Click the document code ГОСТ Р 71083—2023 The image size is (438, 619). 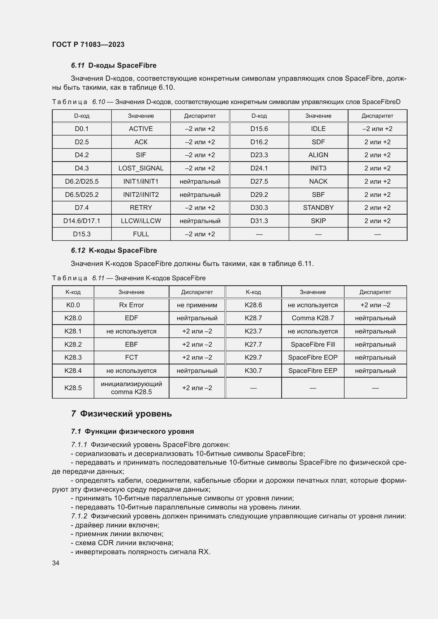point(88,44)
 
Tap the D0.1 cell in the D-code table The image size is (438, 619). point(82,129)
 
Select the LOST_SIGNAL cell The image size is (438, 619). point(141,168)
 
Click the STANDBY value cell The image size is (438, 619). point(318,207)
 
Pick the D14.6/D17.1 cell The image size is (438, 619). point(82,221)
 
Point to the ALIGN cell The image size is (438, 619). point(318,155)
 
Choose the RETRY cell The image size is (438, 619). point(141,207)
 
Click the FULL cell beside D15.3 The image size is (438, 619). point(141,234)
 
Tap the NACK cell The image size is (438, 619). point(318,182)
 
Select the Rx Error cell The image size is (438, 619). point(131,305)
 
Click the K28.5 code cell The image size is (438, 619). point(73,388)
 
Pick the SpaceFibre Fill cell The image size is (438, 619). point(312,344)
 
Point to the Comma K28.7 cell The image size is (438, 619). point(312,318)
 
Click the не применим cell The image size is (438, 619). point(197,305)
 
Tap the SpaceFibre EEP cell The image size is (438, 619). point(312,371)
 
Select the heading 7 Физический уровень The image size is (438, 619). point(121,414)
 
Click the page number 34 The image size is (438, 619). point(56,563)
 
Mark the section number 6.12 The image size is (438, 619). point(78,250)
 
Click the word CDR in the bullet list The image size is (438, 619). point(105,543)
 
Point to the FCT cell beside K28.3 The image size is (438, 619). point(131,358)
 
